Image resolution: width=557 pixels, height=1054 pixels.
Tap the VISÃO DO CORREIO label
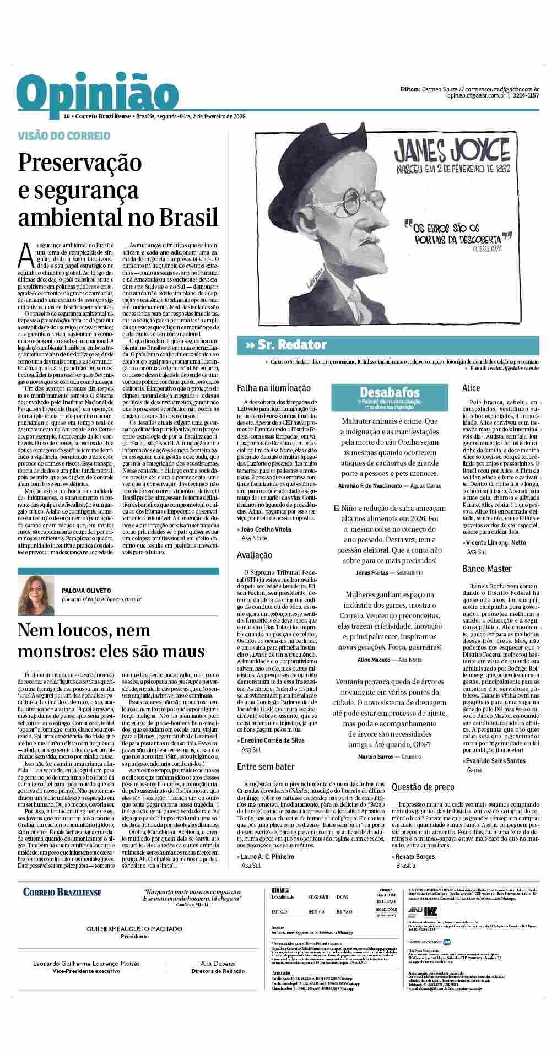(x=64, y=136)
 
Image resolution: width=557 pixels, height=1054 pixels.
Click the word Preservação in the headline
(x=80, y=163)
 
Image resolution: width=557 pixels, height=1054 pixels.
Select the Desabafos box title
(x=390, y=392)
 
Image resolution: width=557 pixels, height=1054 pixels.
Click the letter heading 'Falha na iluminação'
(x=273, y=388)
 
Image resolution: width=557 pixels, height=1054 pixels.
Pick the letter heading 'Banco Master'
(x=487, y=569)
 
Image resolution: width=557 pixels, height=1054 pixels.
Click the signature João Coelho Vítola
(x=267, y=529)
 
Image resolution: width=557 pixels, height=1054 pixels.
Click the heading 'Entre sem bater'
(x=266, y=766)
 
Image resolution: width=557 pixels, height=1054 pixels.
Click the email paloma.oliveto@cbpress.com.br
(x=102, y=598)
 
